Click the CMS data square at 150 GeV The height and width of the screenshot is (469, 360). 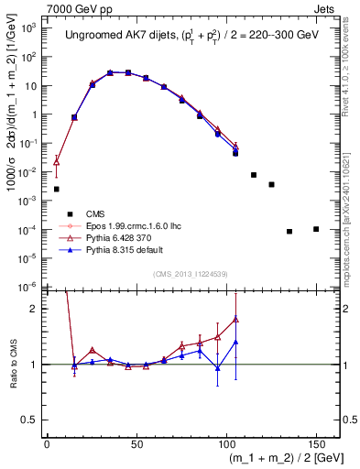[316, 229]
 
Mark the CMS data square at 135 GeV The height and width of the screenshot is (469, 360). [289, 231]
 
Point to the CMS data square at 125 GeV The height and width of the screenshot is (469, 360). [271, 184]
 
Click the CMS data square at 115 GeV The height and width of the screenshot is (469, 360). [254, 175]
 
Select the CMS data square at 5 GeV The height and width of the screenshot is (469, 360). [57, 189]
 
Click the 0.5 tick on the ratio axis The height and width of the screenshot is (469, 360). [36, 423]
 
